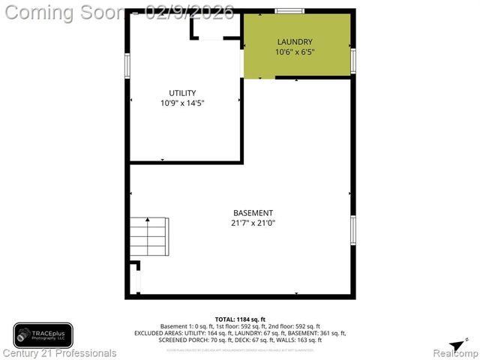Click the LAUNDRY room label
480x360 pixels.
click(295, 41)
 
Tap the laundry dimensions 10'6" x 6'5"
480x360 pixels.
click(295, 52)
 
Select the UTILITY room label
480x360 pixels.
click(182, 92)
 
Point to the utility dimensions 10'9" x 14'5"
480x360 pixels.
click(182, 103)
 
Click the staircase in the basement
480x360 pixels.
click(148, 236)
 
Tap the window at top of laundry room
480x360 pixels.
click(289, 10)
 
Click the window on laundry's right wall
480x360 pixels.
click(352, 59)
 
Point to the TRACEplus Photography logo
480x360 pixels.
click(43, 334)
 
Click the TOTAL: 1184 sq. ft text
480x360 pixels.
click(240, 319)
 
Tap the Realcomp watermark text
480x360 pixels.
click(455, 352)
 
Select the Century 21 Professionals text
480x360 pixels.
click(59, 352)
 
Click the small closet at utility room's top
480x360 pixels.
click(216, 27)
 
